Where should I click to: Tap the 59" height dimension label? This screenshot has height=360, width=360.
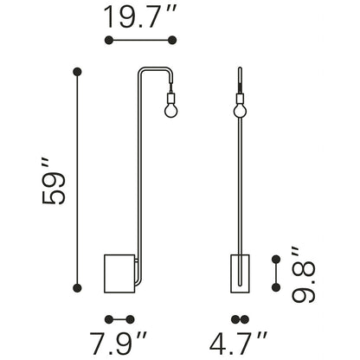pos(54,181)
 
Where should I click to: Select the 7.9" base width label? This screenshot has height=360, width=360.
pos(119,344)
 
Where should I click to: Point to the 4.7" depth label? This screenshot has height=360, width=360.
pos(238,344)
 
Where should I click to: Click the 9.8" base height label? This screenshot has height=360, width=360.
pos(303,274)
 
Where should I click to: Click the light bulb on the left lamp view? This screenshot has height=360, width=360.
pos(170,110)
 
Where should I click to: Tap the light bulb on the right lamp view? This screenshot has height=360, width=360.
pos(240,110)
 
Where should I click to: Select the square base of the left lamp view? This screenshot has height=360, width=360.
pos(119,273)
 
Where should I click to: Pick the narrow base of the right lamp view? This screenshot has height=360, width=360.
pos(240,273)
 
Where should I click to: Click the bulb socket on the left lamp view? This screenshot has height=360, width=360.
pos(170,97)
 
